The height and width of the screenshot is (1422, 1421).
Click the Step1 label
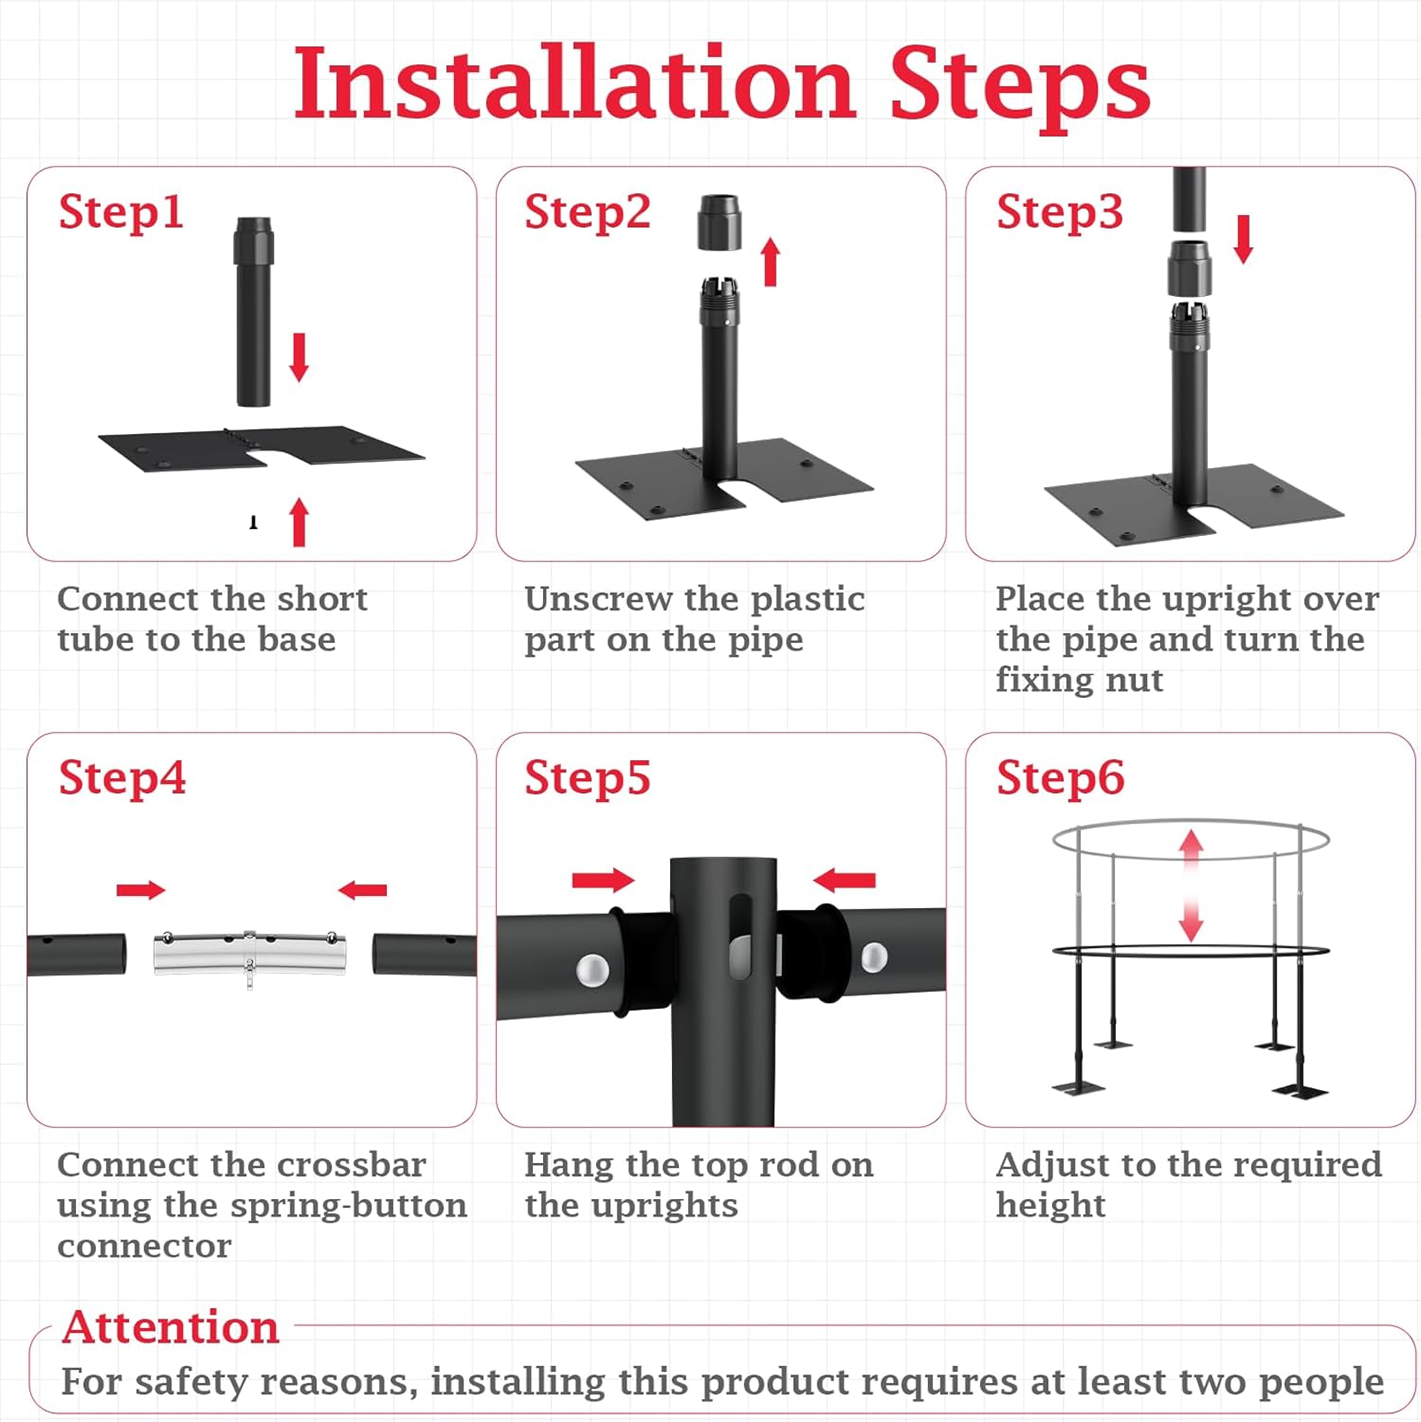click(120, 211)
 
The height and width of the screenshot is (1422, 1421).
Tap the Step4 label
click(121, 777)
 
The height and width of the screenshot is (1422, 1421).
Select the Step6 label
click(1060, 777)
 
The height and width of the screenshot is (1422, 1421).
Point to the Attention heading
click(171, 1326)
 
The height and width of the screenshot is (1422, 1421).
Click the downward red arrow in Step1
click(299, 357)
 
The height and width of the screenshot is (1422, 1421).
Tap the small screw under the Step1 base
click(253, 522)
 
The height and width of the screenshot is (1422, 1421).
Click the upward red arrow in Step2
click(771, 262)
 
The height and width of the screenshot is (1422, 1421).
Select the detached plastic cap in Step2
click(720, 223)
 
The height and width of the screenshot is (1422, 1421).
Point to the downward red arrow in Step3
click(1243, 239)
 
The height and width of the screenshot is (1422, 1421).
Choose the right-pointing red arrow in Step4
click(140, 889)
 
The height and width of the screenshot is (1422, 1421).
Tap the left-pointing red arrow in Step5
click(844, 881)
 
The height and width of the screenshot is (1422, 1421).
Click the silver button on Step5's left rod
click(592, 970)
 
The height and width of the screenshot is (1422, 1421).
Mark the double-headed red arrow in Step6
click(1191, 885)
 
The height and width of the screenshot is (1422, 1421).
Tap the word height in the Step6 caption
click(1050, 1206)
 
